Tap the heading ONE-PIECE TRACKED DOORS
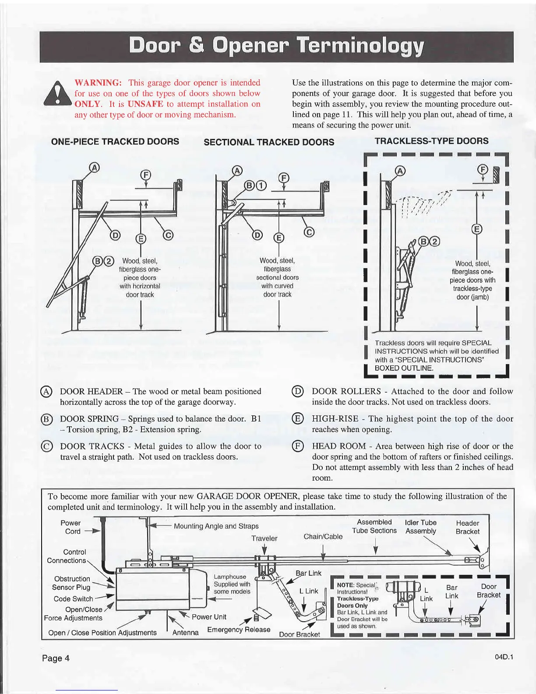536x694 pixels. pyautogui.click(x=115, y=142)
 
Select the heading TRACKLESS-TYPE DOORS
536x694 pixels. pyautogui.click(x=432, y=141)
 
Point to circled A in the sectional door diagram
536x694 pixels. pyautogui.click(x=237, y=170)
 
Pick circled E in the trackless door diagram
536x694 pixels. pyautogui.click(x=477, y=229)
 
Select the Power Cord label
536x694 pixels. pyautogui.click(x=71, y=527)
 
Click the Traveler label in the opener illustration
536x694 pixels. pyautogui.click(x=264, y=538)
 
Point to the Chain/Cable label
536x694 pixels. pyautogui.click(x=323, y=536)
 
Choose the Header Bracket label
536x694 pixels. pyautogui.click(x=467, y=527)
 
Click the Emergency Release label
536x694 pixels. pyautogui.click(x=239, y=630)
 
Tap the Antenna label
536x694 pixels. pyautogui.click(x=186, y=633)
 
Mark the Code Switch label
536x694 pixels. pyautogui.click(x=73, y=599)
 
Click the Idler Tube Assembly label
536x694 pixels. pyautogui.click(x=421, y=527)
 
